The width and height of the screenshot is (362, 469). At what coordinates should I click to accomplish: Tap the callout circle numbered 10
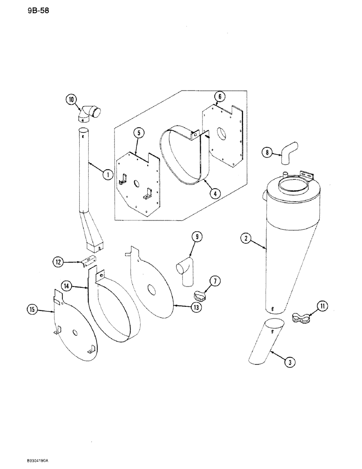point(71,100)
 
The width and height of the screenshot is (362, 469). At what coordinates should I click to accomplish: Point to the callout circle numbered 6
point(219,97)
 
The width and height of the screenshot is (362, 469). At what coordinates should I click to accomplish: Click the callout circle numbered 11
point(322,306)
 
